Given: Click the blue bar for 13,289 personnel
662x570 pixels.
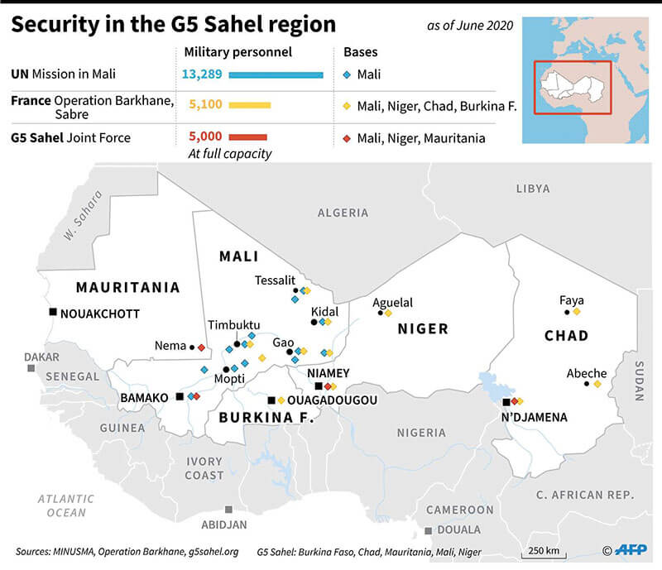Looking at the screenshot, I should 276,75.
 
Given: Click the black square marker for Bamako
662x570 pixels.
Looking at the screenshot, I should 180,397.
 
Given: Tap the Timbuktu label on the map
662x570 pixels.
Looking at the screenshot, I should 234,325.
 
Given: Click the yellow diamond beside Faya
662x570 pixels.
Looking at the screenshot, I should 577,313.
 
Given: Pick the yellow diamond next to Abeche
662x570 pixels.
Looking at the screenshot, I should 597,384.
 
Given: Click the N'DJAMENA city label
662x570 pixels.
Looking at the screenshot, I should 535,417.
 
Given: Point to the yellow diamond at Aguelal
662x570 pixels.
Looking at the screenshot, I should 388,313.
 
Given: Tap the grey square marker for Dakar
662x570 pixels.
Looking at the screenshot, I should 31,367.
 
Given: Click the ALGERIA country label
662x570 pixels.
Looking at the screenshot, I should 343,213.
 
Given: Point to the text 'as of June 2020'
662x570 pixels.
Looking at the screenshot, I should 470,26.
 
